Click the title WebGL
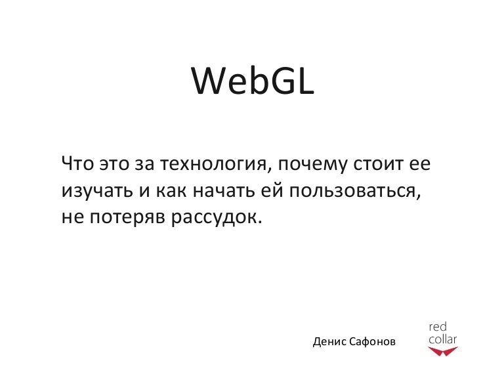pos(253,81)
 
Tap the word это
pos(114,163)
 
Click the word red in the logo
pos(438,327)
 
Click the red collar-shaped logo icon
pos(442,352)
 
